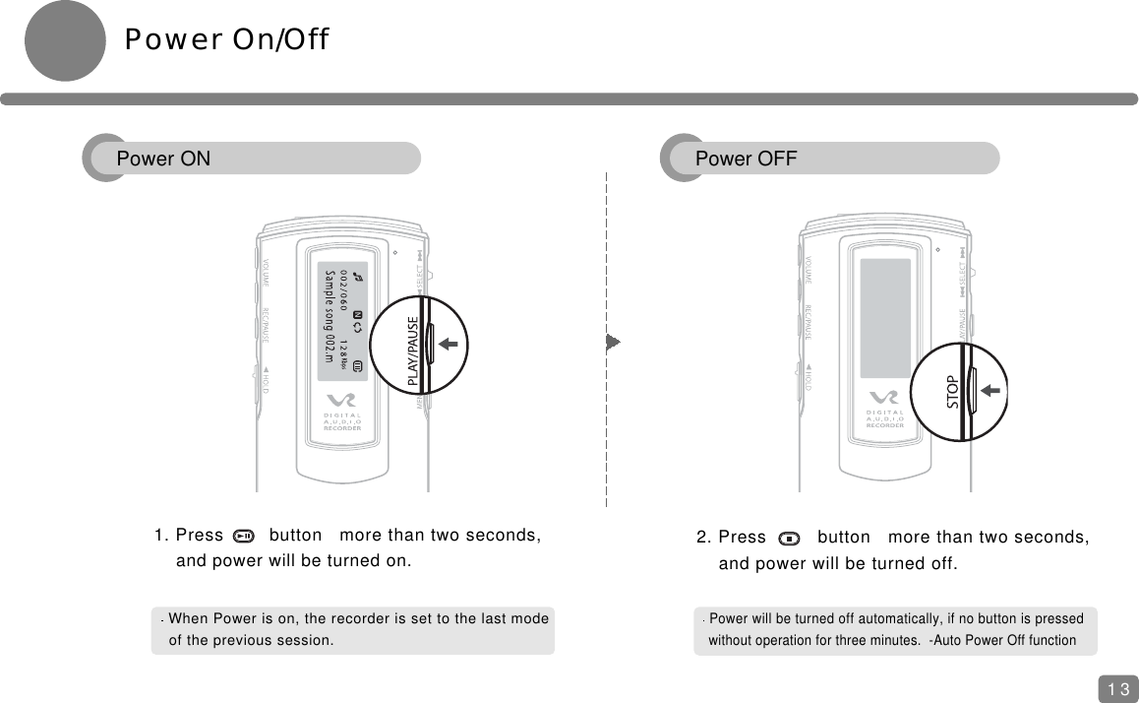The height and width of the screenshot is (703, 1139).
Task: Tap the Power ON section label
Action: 163,159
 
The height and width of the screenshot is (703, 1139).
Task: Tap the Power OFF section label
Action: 746,159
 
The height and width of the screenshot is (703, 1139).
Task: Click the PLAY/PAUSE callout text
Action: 413,351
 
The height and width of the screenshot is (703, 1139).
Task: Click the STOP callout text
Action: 952,392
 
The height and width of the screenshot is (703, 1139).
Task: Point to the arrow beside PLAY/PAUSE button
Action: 450,344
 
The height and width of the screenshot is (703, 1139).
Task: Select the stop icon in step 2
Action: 789,538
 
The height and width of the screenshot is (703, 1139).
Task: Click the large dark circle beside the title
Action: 65,40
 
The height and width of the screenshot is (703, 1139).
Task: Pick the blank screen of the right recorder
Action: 885,318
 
